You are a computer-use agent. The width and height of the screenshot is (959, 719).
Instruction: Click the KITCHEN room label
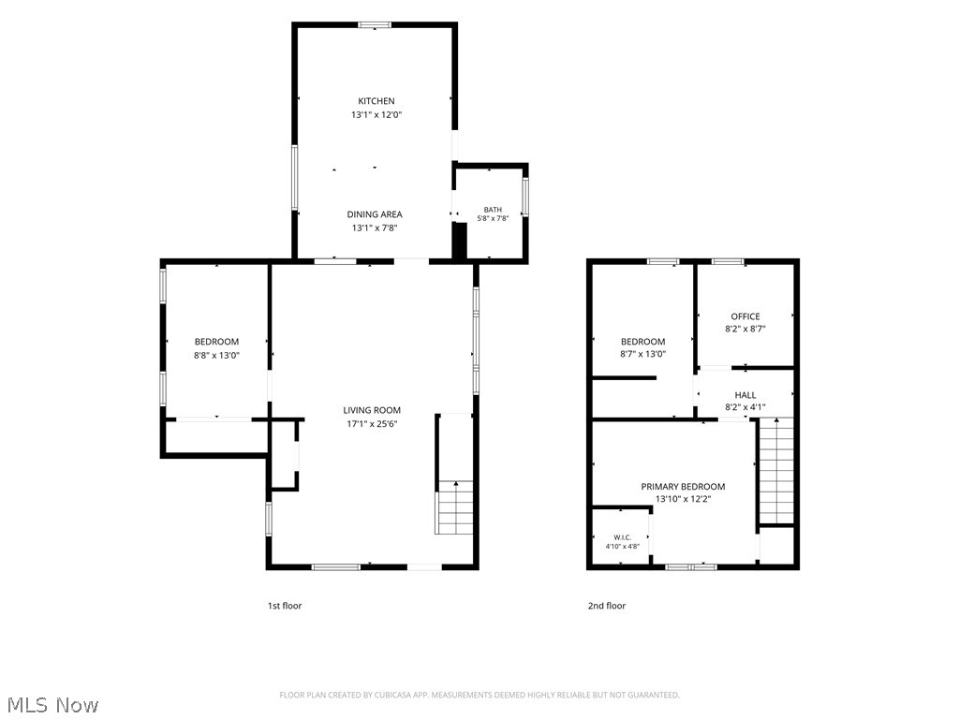coord(376,101)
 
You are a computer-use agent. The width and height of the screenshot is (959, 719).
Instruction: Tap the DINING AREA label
coord(375,214)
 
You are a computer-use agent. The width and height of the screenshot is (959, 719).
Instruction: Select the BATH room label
coord(493,210)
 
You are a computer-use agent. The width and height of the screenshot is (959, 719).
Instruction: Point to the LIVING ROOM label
coord(372,410)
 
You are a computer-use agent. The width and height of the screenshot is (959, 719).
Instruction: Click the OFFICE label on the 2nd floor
coord(745,316)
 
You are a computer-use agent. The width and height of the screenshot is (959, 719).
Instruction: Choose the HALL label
coord(745,395)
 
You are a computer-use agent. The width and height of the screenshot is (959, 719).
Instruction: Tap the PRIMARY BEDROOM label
coord(683,487)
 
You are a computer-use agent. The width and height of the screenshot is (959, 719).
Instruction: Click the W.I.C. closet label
coord(623,537)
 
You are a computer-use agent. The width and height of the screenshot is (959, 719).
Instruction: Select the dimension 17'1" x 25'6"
coord(372,424)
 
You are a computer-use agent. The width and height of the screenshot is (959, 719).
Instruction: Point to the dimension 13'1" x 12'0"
coord(376,114)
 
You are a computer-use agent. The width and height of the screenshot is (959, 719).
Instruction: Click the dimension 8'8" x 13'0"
coord(216,355)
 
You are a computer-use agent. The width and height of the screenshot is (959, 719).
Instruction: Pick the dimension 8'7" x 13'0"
coord(642,353)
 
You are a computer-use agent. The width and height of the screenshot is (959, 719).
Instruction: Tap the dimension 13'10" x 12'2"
coord(683,499)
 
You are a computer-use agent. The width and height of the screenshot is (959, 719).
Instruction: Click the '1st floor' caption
coord(285,606)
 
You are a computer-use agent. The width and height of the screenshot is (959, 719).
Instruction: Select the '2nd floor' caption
coord(607,606)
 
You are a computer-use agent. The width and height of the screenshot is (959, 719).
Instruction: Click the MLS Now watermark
coord(53,704)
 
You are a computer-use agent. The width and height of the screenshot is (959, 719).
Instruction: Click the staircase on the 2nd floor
coord(776,471)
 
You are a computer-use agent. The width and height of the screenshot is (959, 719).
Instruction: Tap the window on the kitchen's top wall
coord(375,25)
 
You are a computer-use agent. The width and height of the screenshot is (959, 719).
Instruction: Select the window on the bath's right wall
coord(525,197)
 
